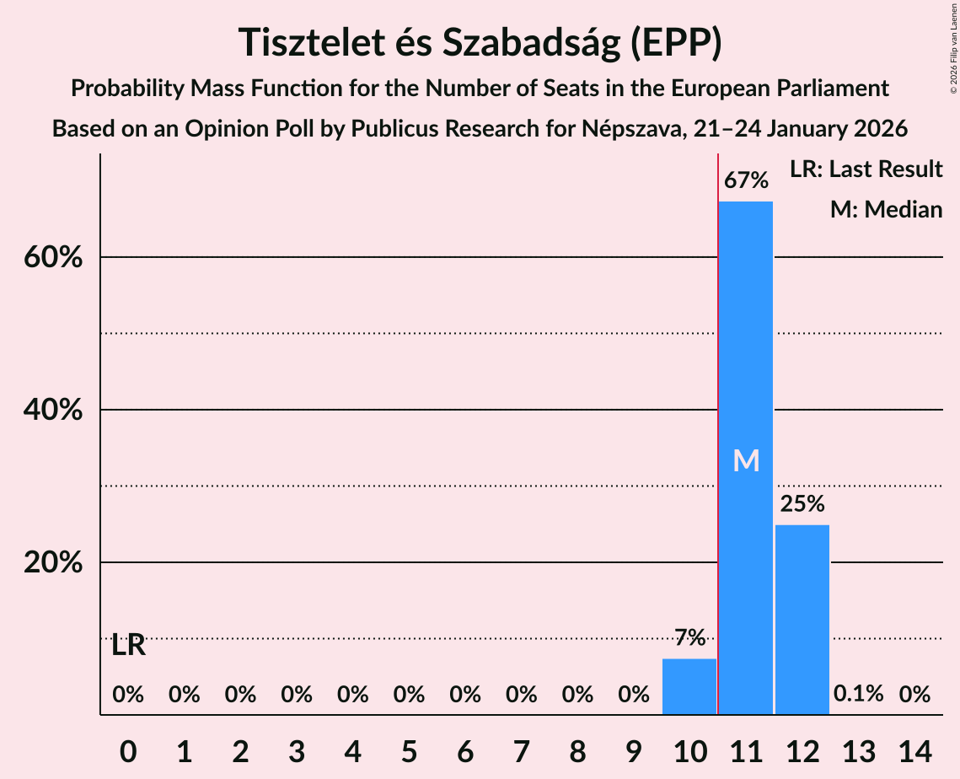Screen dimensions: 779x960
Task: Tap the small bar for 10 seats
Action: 689,686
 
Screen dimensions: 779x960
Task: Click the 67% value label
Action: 745,180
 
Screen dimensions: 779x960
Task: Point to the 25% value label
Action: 802,504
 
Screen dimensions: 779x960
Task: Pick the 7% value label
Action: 689,638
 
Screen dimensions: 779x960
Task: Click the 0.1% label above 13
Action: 858,694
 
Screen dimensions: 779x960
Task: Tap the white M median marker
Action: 746,460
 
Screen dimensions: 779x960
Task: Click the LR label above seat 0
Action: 128,647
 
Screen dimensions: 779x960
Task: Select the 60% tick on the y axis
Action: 52,257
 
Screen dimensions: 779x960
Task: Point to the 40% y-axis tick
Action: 52,410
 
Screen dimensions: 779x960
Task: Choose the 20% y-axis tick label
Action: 52,562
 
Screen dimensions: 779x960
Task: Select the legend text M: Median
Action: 886,209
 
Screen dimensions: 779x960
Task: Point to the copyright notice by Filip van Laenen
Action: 953,46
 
